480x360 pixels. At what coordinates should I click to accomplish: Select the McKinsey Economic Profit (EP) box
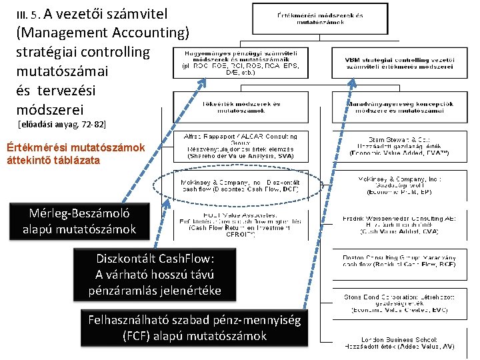pos(399,185)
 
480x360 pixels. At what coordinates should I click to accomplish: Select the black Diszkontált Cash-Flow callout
pos(154,273)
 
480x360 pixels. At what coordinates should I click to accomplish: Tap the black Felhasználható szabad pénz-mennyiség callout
pos(194,327)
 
